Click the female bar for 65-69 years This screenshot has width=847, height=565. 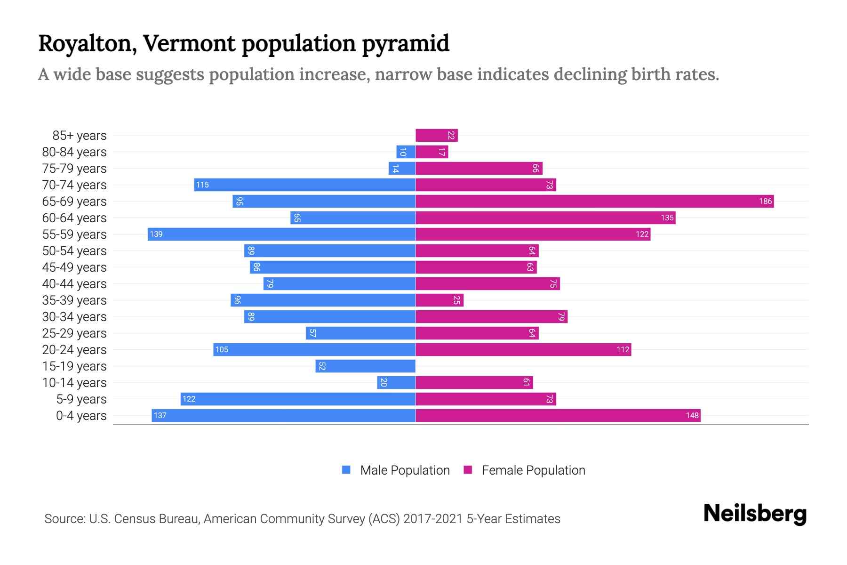pyautogui.click(x=594, y=202)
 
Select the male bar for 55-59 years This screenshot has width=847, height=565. pyautogui.click(x=281, y=234)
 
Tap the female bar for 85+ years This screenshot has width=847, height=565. pyautogui.click(x=436, y=136)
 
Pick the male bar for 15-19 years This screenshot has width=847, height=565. pyautogui.click(x=365, y=366)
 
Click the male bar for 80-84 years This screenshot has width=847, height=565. pyautogui.click(x=406, y=152)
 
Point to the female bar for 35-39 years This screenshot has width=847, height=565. pyautogui.click(x=439, y=300)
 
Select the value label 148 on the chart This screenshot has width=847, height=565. pyautogui.click(x=692, y=416)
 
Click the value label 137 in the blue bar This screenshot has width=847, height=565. pyautogui.click(x=160, y=416)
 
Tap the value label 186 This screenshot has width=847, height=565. pyautogui.click(x=765, y=202)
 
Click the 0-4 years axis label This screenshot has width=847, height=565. pyautogui.click(x=81, y=416)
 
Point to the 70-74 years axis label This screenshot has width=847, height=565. pyautogui.click(x=74, y=185)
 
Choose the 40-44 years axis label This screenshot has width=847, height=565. pyautogui.click(x=74, y=284)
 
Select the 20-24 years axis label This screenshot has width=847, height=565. pyautogui.click(x=74, y=350)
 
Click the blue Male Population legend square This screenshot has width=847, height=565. pyautogui.click(x=346, y=470)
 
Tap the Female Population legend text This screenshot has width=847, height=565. pyautogui.click(x=533, y=470)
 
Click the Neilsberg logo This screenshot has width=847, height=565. pyautogui.click(x=755, y=514)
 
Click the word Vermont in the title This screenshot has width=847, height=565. pyautogui.click(x=189, y=43)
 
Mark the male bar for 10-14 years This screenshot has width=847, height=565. pyautogui.click(x=396, y=383)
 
